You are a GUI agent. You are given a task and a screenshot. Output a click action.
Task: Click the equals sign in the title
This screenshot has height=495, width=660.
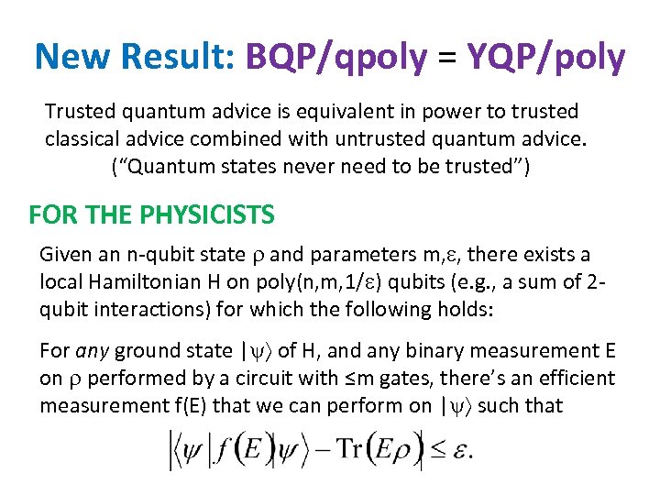(x=446, y=59)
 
